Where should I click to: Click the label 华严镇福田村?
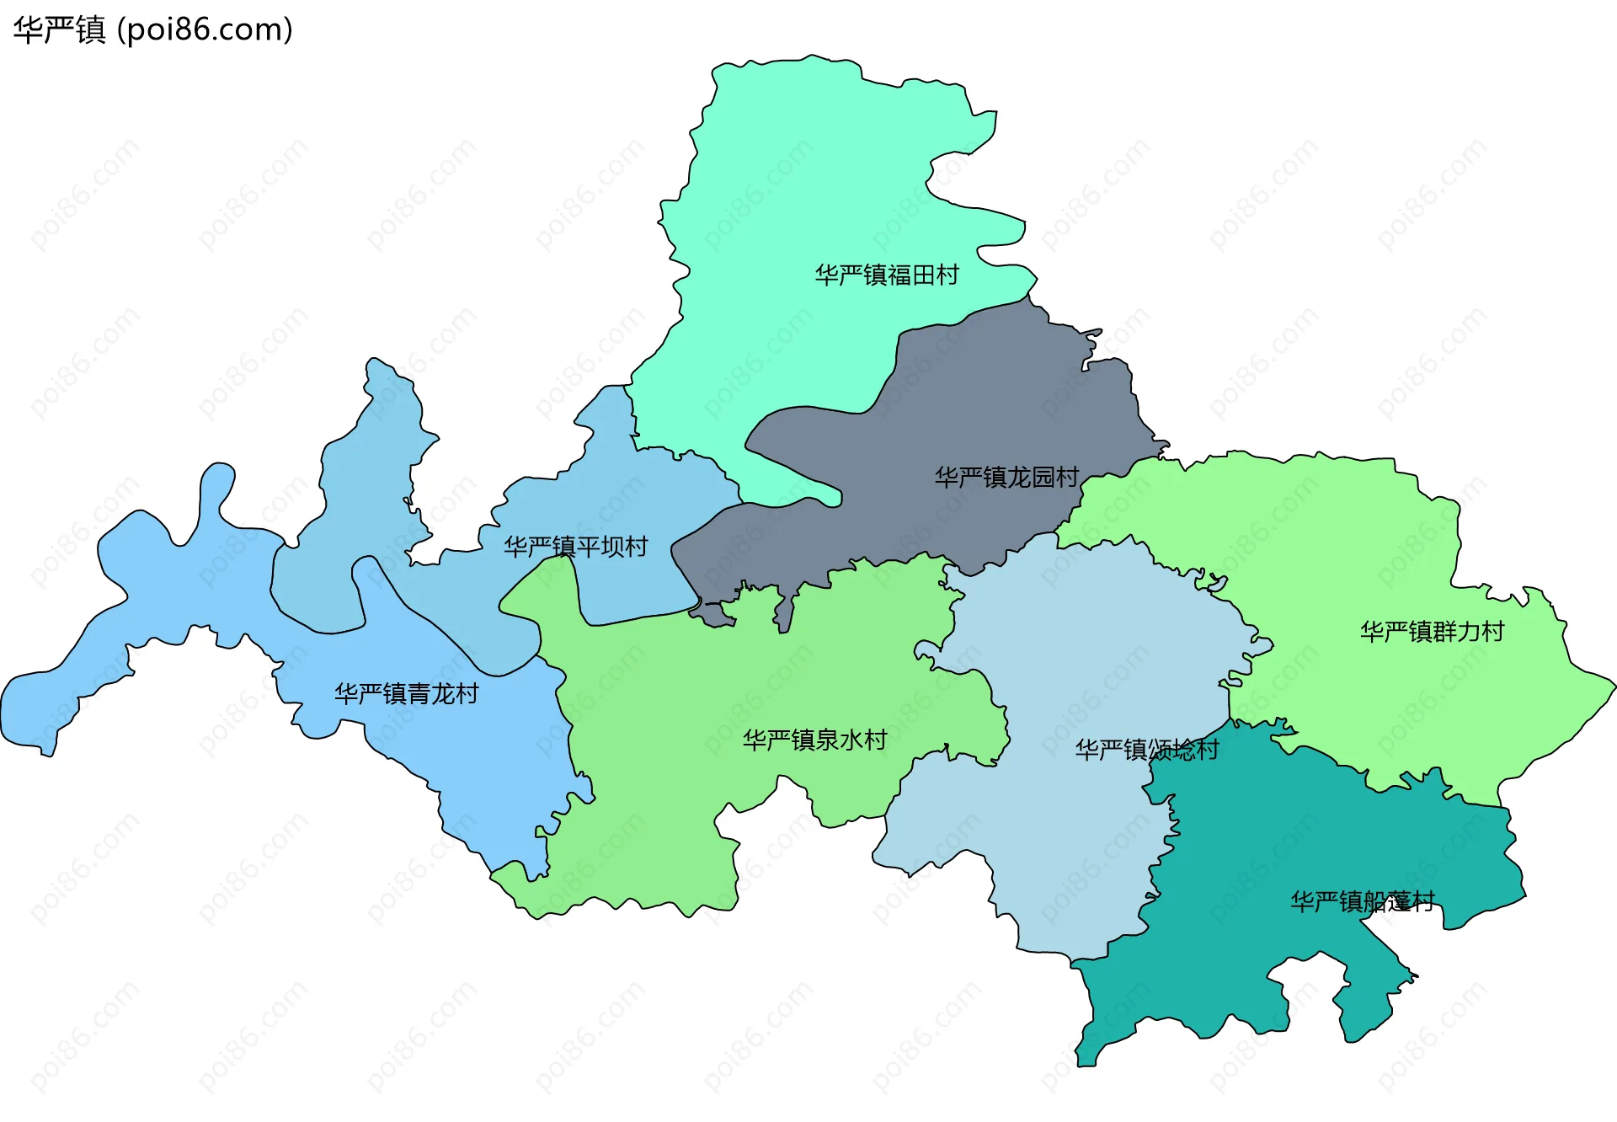click(887, 275)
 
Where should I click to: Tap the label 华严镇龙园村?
click(1006, 478)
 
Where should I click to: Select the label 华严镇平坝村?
click(576, 548)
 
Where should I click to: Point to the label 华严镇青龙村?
click(407, 694)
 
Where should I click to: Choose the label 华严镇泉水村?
click(814, 740)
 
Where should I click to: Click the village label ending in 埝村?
click(1147, 750)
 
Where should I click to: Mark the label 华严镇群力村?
click(1432, 632)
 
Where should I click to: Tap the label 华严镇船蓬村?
click(1362, 902)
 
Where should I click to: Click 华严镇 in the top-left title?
click(59, 30)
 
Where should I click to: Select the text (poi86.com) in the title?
click(205, 30)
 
